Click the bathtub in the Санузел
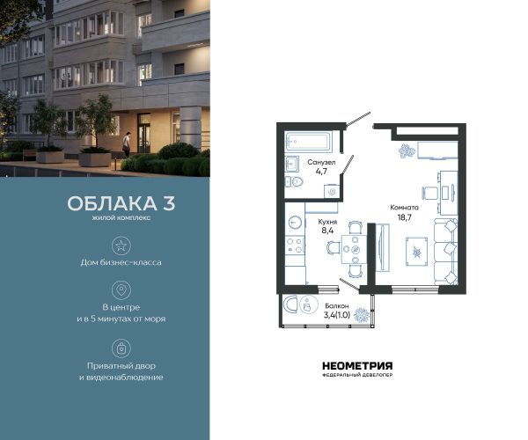click(308, 142)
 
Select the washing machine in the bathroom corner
click(332, 191)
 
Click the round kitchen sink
click(295, 222)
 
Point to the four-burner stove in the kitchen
click(295, 246)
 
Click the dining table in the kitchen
click(354, 249)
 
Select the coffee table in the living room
click(416, 252)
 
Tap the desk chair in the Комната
click(429, 194)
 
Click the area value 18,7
click(405, 217)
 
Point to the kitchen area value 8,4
click(327, 231)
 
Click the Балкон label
click(337, 306)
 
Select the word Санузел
click(321, 162)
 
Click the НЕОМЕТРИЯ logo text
click(357, 366)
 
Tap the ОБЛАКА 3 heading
click(121, 203)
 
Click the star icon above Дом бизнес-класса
click(121, 246)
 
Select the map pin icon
click(121, 290)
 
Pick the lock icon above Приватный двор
click(121, 348)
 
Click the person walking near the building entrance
click(126, 144)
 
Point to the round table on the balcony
click(309, 304)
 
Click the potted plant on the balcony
click(362, 315)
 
